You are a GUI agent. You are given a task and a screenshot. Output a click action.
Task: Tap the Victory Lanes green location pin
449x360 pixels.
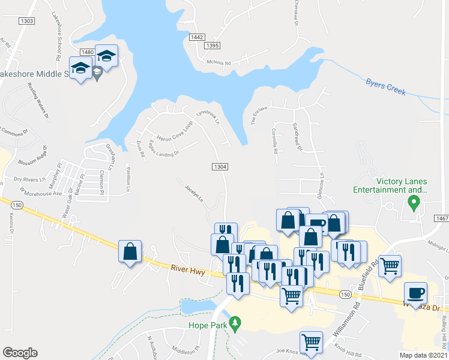coord(413,203)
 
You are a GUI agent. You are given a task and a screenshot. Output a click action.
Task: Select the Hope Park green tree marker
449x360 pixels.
coord(235,323)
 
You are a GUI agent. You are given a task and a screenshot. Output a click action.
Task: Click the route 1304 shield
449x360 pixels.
coord(220,166)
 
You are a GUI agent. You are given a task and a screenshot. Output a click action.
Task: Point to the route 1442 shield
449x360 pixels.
coord(197,37)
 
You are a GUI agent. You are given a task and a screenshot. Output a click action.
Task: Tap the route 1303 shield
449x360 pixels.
coord(26,21)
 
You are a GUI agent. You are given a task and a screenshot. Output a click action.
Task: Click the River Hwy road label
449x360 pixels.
coord(188,271)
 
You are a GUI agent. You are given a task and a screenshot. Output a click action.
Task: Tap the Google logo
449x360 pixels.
coord(20,353)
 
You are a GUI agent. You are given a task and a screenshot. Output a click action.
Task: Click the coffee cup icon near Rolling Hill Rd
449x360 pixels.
coord(416,294)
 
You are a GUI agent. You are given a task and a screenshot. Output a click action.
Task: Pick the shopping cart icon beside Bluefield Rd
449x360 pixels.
coord(390,265)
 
